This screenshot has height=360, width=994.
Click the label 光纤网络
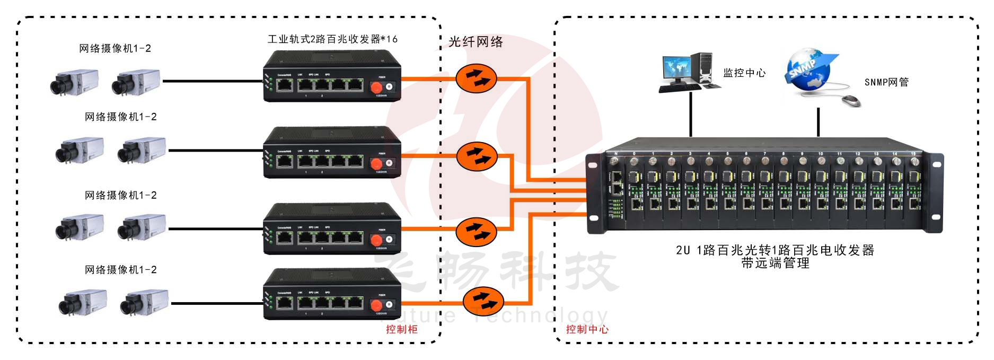click(476, 42)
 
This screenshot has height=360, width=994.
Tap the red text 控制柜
click(401, 329)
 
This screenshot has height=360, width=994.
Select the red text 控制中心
click(587, 329)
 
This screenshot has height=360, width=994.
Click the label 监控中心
click(744, 73)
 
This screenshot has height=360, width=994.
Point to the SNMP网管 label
click(886, 82)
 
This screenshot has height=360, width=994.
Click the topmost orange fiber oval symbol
click(476, 78)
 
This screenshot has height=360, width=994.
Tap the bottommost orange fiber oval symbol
click(483, 301)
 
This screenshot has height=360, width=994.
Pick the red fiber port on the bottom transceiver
click(377, 306)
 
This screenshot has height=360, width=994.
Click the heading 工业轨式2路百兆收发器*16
click(332, 39)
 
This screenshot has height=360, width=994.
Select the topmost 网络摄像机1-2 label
click(115, 49)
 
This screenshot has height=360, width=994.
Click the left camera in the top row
click(74, 82)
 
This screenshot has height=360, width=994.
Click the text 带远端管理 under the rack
click(775, 263)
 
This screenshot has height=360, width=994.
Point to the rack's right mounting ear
click(936, 193)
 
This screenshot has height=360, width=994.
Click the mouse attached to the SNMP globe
click(851, 101)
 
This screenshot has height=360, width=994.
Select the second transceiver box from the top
click(332, 153)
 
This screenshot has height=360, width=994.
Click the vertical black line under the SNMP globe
click(819, 122)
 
